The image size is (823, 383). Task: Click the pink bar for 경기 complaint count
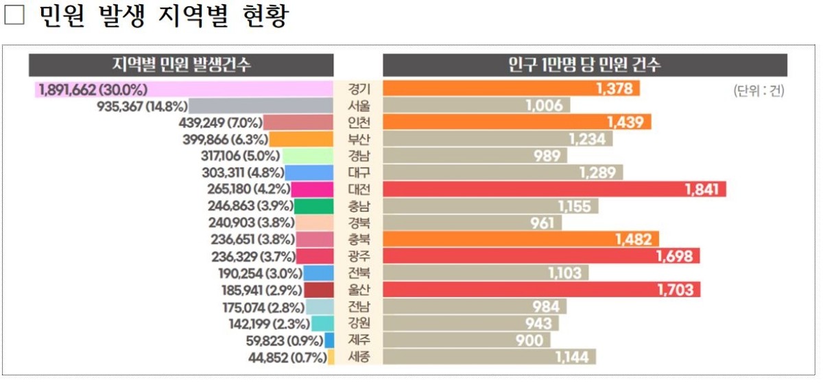[x=240, y=89]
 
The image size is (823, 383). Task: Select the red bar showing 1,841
[x=554, y=189]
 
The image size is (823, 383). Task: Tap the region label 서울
[x=359, y=106]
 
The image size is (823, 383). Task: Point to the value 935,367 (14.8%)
[x=142, y=106]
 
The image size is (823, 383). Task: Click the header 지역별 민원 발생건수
[x=181, y=65]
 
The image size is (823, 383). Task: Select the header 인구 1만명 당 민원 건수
[x=584, y=65]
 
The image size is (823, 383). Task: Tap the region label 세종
[x=359, y=357]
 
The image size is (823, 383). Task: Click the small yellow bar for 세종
[x=331, y=357]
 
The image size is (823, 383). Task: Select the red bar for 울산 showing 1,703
[x=541, y=290]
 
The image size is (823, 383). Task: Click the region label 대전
[x=359, y=189]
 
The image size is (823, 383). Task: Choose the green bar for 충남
[x=315, y=206]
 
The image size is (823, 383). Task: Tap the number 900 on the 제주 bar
[x=529, y=340]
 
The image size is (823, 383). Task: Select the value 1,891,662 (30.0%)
[x=93, y=89]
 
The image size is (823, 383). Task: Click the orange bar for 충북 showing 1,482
[x=521, y=240]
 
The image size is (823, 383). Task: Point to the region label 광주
[x=359, y=256]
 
